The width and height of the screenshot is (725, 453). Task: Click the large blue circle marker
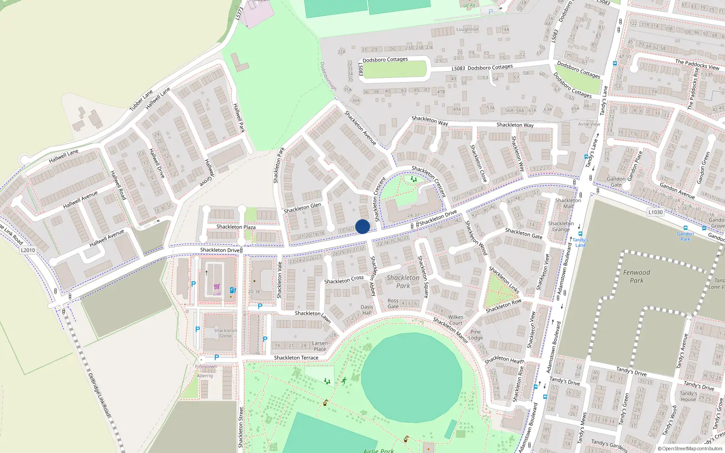pyautogui.click(x=362, y=226)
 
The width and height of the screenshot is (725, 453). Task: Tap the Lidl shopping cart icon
pyautogui.click(x=217, y=287)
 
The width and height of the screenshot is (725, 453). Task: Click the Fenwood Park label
pyautogui.click(x=636, y=276)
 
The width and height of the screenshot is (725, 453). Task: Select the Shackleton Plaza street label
pyautogui.click(x=236, y=227)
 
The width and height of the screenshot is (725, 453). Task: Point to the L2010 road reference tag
pyautogui.click(x=28, y=250)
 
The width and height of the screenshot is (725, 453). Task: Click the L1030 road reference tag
pyautogui.click(x=655, y=212)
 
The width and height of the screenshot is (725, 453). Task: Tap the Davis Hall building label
pyautogui.click(x=367, y=310)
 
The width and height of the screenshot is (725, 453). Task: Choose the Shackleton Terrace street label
pyautogui.click(x=296, y=358)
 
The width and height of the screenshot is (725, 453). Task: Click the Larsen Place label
pyautogui.click(x=319, y=346)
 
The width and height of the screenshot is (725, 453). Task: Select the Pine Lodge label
pyautogui.click(x=475, y=335)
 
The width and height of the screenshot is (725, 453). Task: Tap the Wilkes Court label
pyautogui.click(x=455, y=320)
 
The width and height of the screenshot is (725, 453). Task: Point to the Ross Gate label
pyautogui.click(x=393, y=304)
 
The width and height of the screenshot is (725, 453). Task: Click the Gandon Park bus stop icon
pyautogui.click(x=685, y=228)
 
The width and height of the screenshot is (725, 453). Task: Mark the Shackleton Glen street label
pyautogui.click(x=302, y=208)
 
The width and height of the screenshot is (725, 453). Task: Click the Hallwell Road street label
pyautogui.click(x=118, y=185)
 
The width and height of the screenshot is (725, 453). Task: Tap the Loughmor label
pyautogui.click(x=467, y=29)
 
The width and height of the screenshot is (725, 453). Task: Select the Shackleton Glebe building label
pyautogui.click(x=225, y=333)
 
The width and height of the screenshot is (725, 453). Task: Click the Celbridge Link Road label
pyautogui.click(x=99, y=395)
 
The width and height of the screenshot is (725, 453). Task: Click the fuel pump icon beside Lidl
pyautogui.click(x=232, y=290)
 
